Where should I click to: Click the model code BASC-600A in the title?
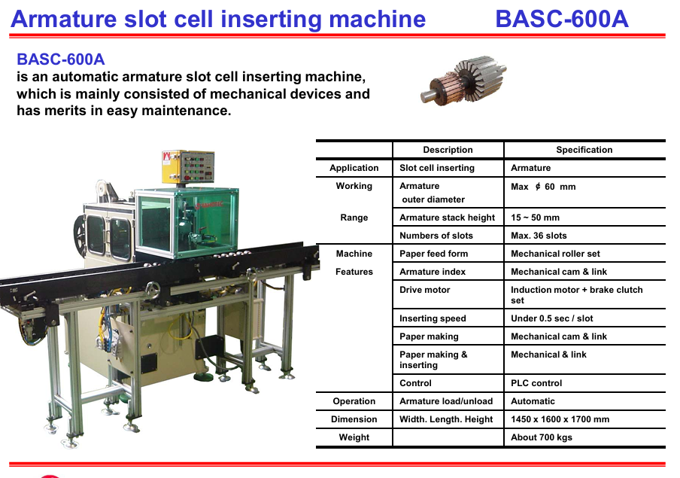[x=562, y=19]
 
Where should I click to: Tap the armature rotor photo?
[x=463, y=81]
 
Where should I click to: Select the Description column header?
[x=448, y=150]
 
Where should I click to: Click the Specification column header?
[x=584, y=150]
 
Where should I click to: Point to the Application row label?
[x=354, y=168]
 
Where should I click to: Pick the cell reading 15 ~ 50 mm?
[x=535, y=218]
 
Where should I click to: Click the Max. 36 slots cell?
[x=539, y=236]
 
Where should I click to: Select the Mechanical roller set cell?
[x=556, y=254]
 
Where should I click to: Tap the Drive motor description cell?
[x=424, y=290]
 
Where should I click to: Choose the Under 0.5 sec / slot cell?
[x=551, y=318]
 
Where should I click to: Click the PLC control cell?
[x=536, y=383]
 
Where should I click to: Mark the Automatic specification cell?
[x=533, y=401]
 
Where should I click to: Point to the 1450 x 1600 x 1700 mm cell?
[x=560, y=419]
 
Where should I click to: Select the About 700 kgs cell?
[x=542, y=437]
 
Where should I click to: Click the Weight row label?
[x=354, y=437]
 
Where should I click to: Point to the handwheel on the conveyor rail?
[x=153, y=290]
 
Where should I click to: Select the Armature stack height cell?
[x=447, y=218]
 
